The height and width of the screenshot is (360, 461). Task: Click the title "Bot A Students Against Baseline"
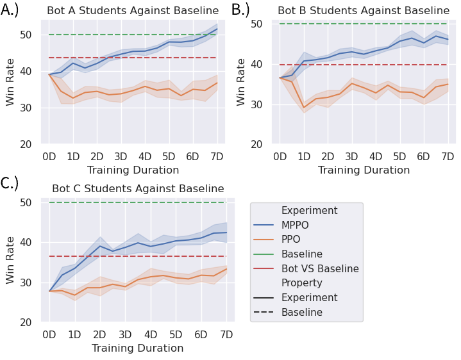(133, 11)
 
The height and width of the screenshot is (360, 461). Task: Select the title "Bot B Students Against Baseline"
(364, 11)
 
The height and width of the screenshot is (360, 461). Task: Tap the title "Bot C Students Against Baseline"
(138, 189)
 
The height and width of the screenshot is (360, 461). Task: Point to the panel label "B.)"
(240, 10)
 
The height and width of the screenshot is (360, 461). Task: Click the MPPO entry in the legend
(296, 225)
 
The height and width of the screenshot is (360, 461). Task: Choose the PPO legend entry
(292, 240)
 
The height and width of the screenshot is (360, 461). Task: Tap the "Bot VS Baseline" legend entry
(320, 269)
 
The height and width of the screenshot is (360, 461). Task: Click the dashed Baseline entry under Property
(302, 313)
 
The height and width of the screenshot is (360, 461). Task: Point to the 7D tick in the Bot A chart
(217, 157)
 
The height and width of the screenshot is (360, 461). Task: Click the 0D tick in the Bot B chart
(280, 157)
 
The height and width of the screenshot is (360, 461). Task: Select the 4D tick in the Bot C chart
(151, 335)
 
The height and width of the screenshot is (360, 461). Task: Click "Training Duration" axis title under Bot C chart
(138, 348)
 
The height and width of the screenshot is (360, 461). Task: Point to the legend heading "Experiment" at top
(309, 210)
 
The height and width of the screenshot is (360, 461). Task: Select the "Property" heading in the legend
(302, 283)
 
